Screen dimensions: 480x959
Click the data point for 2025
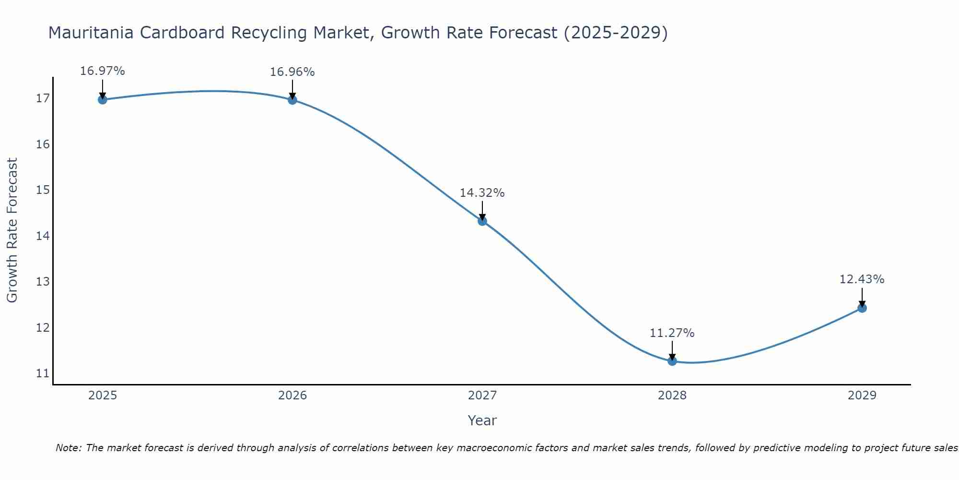pos(102,99)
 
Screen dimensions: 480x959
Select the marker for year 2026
pos(292,100)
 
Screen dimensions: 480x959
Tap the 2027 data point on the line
pos(482,221)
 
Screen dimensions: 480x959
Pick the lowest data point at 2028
pos(672,361)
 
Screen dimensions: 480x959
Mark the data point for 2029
pos(862,308)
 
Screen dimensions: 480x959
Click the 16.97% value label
pos(102,71)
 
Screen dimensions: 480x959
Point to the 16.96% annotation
pos(292,72)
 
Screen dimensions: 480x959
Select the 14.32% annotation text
pos(482,193)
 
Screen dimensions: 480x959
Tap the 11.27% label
pos(672,333)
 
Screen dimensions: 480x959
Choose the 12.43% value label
pos(862,279)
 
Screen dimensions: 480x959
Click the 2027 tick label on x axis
pos(482,396)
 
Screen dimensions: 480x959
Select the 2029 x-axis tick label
pos(862,396)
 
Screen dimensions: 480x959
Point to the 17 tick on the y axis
pos(43,98)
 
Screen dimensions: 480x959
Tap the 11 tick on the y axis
pos(43,373)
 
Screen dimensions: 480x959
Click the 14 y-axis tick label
pos(43,236)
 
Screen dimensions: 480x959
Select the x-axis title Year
pos(482,420)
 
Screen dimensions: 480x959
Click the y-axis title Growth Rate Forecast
pos(12,230)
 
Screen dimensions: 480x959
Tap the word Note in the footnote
pos(69,448)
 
